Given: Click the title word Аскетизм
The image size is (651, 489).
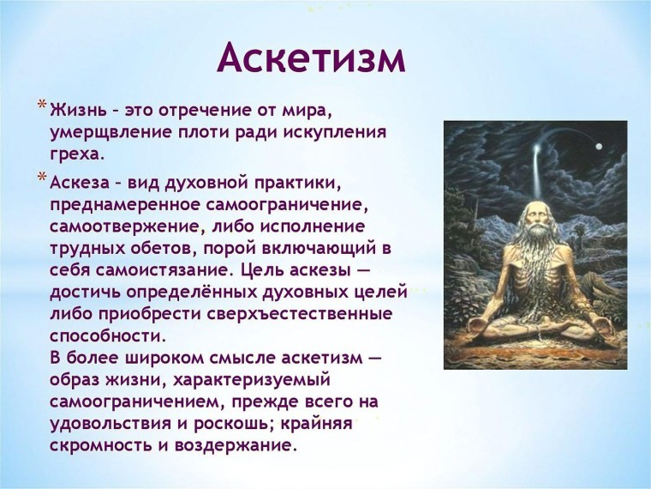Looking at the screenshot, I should coord(310,58).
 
